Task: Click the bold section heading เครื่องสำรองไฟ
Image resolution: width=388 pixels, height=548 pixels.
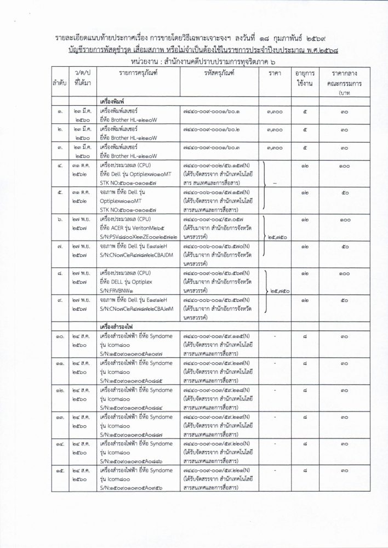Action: tap(117, 325)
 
